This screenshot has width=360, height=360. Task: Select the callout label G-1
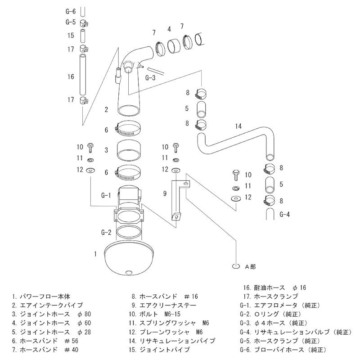click(106, 195)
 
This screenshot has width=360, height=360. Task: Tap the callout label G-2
click(106, 232)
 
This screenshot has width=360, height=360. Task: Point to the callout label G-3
click(150, 77)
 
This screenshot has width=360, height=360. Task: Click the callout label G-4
click(284, 214)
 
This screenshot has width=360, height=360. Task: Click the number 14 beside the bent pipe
click(239, 126)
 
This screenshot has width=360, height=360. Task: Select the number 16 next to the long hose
click(71, 77)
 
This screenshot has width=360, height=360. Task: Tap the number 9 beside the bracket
click(165, 194)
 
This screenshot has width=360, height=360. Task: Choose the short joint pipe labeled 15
click(83, 35)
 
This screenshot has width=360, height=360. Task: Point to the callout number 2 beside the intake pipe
click(106, 109)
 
